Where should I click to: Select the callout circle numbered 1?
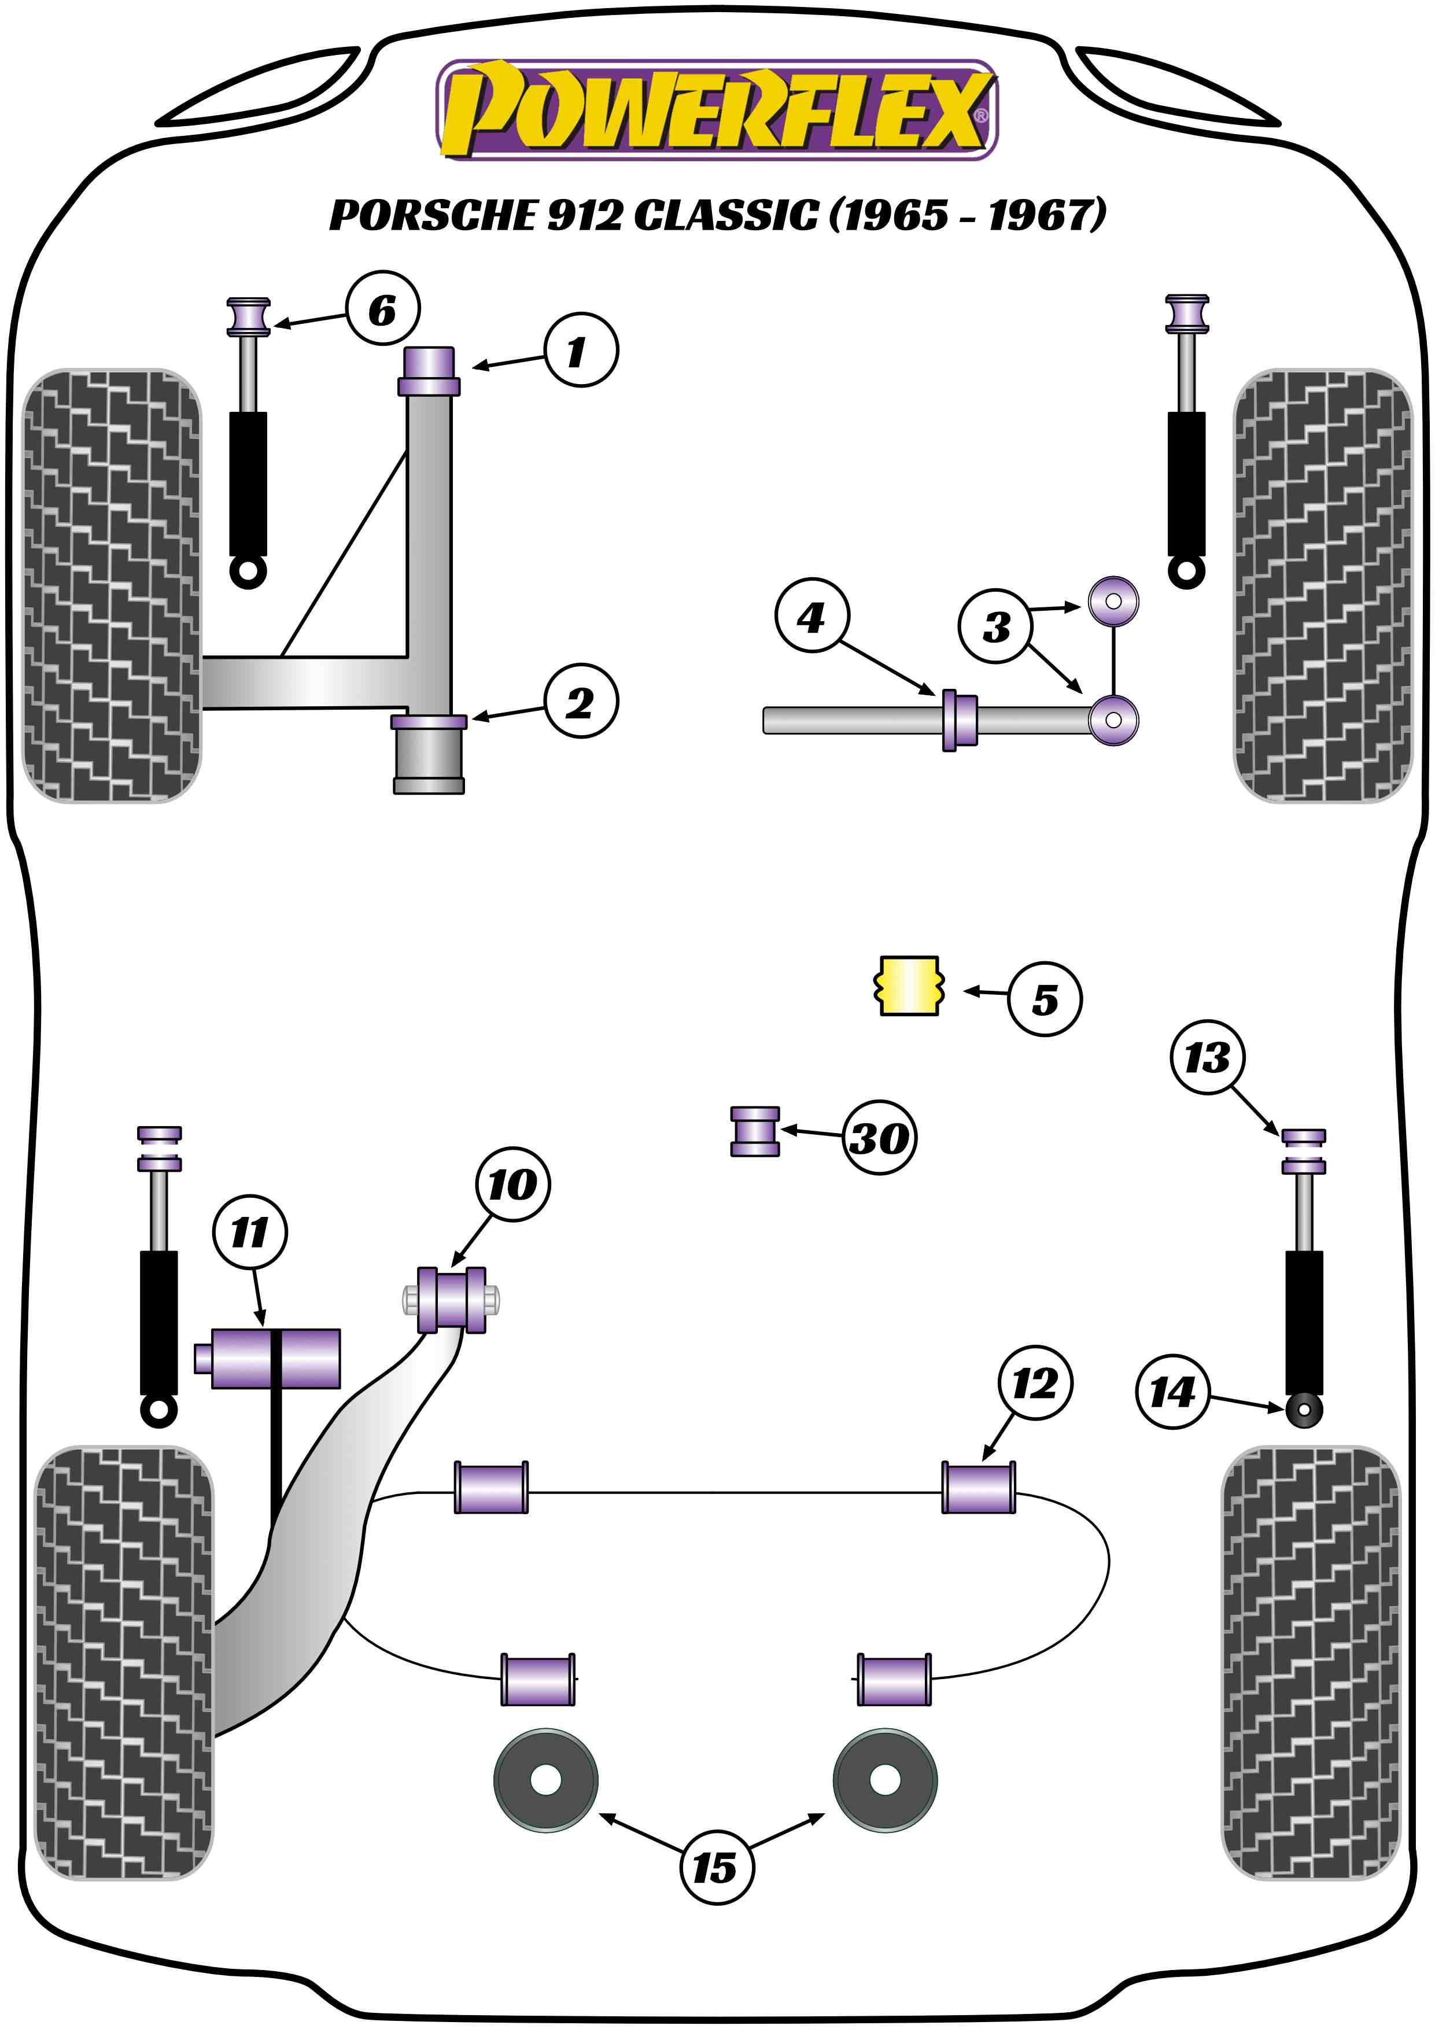[x=580, y=351]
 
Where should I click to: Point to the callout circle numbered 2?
[x=580, y=702]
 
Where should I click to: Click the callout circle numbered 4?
[x=811, y=616]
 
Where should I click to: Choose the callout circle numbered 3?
[x=995, y=626]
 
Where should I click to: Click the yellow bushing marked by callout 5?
[x=909, y=986]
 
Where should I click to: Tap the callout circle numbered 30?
[x=879, y=1137]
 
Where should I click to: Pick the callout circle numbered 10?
[x=512, y=1184]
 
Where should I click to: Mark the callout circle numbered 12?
[x=1035, y=1383]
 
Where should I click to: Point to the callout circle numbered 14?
[x=1172, y=1393]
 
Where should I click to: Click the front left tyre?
[x=111, y=585]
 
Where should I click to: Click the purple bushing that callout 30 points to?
[x=755, y=1132]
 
